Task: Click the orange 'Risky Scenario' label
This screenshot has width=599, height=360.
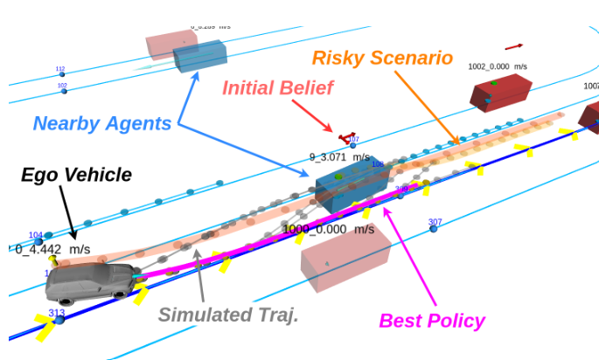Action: [382, 59]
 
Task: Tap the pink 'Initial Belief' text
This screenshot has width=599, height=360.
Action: [278, 87]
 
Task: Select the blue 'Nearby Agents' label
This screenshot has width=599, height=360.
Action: [102, 123]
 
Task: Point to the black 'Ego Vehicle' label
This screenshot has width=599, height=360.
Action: [76, 175]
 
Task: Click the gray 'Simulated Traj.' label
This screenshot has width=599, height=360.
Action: [228, 315]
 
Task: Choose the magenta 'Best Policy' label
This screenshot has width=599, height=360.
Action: [431, 321]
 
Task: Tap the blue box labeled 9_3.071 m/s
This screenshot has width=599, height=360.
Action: [352, 183]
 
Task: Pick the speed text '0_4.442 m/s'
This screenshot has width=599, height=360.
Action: [52, 249]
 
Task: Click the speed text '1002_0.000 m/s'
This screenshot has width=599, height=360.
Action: [497, 66]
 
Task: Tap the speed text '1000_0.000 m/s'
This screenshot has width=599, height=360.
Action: [328, 229]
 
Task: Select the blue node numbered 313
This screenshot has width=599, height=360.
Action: [59, 320]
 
